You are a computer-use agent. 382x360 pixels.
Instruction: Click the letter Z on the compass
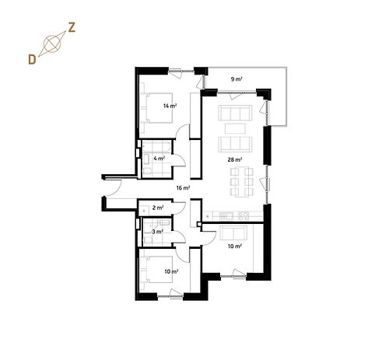(x=72, y=28)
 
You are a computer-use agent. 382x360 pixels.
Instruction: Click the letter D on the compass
(x=32, y=60)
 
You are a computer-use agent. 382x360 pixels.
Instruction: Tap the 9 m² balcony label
(x=237, y=79)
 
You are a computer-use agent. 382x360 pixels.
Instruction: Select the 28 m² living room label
(x=235, y=159)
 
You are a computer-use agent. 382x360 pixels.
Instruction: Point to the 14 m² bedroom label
(x=170, y=106)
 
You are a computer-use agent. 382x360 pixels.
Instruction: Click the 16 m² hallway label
(x=183, y=188)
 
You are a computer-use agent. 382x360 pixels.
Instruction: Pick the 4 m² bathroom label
(x=159, y=159)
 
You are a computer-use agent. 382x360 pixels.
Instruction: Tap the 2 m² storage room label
(x=158, y=208)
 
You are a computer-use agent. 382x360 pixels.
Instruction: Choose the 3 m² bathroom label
(x=157, y=232)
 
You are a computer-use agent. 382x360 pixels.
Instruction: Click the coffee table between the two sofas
(x=235, y=128)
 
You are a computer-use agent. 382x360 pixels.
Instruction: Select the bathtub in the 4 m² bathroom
(x=156, y=147)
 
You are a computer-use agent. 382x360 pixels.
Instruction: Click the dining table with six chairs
(x=242, y=182)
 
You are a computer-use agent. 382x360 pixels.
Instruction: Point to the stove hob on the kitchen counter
(x=244, y=216)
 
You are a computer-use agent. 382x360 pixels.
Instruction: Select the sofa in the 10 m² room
(x=233, y=232)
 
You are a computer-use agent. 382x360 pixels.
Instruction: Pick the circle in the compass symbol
(x=52, y=44)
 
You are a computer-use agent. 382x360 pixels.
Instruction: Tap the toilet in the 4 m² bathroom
(x=147, y=171)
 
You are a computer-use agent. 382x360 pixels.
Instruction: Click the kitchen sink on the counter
(x=226, y=216)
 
